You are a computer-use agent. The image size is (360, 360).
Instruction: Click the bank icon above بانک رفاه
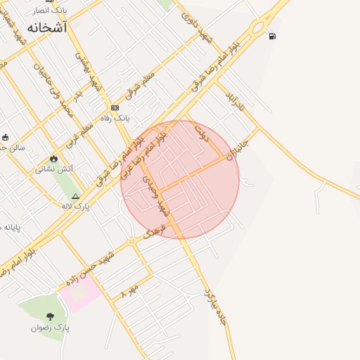pyautogui.click(x=115, y=108)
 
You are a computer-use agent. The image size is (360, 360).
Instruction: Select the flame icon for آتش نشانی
pyautogui.click(x=54, y=159)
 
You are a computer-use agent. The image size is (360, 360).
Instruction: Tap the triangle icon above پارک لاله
pyautogui.click(x=76, y=195)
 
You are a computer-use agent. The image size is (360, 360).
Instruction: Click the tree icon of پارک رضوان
pyautogui.click(x=49, y=316)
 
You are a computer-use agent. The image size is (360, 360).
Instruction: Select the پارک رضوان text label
pyautogui.click(x=50, y=328)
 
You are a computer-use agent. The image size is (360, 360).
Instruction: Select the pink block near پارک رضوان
pyautogui.click(x=83, y=292)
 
